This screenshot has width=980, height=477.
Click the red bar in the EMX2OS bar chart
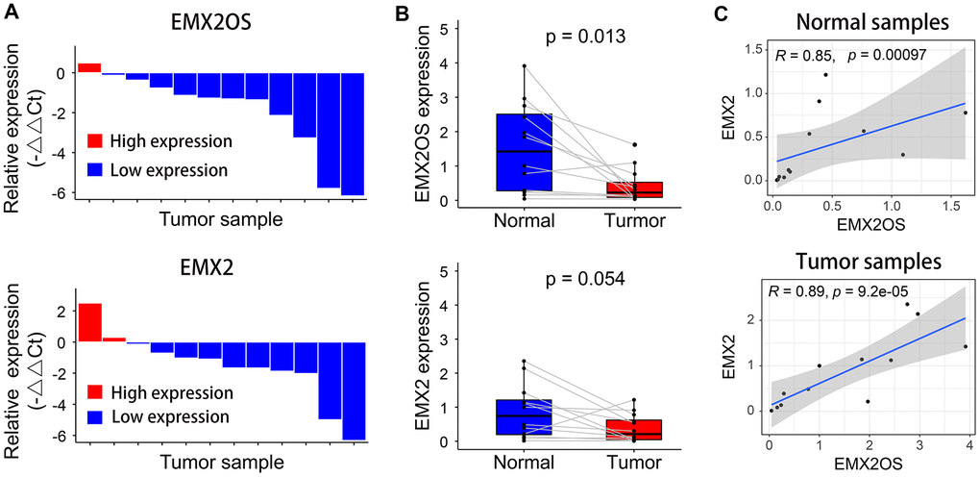tap(89, 67)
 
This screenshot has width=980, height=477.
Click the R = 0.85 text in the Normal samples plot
tap(798, 56)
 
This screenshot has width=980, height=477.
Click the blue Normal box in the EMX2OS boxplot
tap(524, 152)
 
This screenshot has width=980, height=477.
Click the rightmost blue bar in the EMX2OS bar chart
tap(353, 134)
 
